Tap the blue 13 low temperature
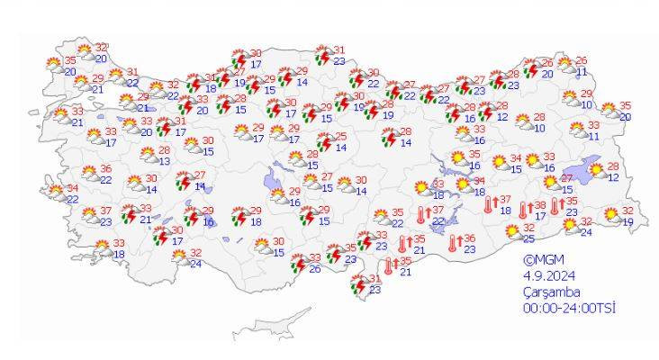coord(165,161)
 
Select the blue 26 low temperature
coord(315,269)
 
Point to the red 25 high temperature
coord(341,136)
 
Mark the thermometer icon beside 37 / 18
coord(488,206)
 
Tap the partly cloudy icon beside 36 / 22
coord(89,172)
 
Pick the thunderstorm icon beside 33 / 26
coord(298,262)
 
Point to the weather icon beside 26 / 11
coord(565,65)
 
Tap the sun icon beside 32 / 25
coord(510,230)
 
